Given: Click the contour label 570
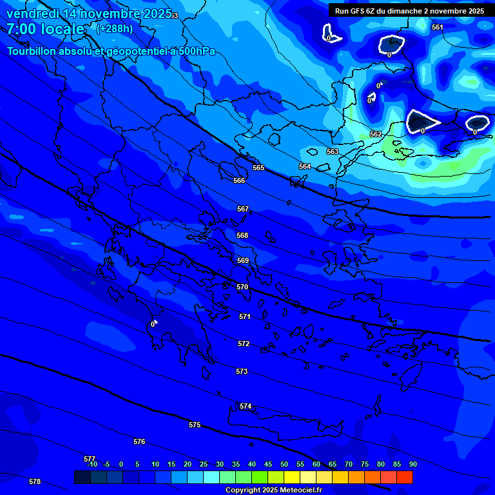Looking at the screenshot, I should click(242, 287).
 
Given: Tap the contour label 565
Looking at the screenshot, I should click(258, 168).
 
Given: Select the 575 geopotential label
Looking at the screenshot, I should click(195, 425).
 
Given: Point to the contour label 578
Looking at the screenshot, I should click(35, 481).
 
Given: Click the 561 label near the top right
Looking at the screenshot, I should click(438, 27).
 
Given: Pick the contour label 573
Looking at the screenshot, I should click(242, 372).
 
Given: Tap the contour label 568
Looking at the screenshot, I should click(242, 236).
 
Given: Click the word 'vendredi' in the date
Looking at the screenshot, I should click(33, 14).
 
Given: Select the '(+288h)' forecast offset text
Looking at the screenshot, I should click(115, 28).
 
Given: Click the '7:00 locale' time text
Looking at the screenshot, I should click(46, 29).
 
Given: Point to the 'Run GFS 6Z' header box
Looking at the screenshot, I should click(409, 11).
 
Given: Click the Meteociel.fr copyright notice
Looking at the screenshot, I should click(273, 490).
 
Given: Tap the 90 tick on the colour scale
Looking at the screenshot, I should click(412, 464).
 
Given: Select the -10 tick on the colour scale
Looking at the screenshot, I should click(92, 464).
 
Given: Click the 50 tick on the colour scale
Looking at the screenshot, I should click(284, 464).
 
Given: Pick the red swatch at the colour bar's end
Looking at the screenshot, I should click(404, 477).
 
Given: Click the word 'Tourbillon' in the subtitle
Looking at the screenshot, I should click(33, 52).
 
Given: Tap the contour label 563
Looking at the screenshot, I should click(333, 151).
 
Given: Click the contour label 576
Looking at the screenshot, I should click(139, 442).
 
